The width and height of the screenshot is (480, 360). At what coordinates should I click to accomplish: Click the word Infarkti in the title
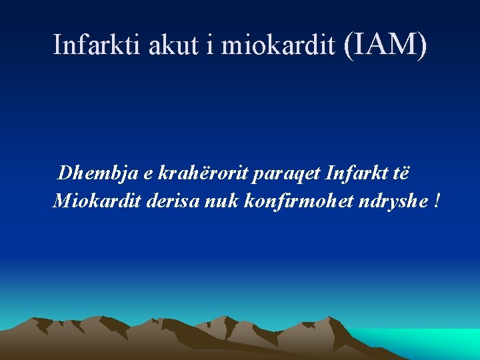tap(90, 45)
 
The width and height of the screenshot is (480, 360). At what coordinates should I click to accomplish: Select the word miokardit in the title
tap(278, 45)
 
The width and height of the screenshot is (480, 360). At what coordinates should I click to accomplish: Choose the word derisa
tap(167, 200)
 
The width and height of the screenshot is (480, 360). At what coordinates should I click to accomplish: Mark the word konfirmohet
tap(295, 200)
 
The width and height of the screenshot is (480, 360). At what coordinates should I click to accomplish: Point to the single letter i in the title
tap(211, 45)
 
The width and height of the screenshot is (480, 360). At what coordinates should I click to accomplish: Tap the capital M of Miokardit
tap(61, 200)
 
